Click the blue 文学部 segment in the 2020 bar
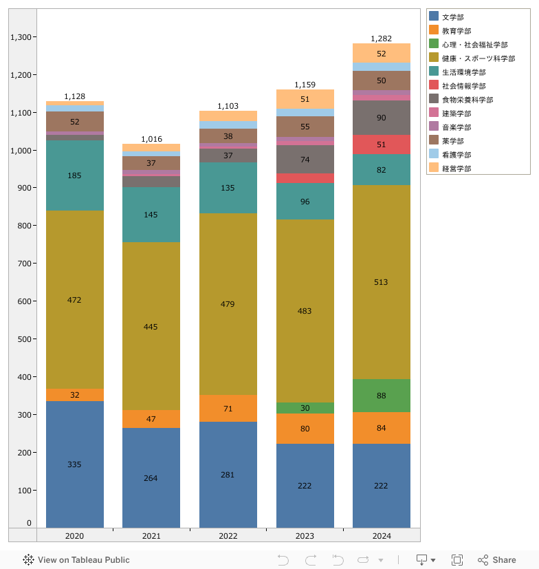click(74, 464)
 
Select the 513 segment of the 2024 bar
click(381, 282)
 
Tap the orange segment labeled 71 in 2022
click(228, 409)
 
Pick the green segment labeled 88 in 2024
click(381, 396)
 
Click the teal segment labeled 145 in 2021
click(151, 215)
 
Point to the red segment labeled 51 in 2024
click(381, 144)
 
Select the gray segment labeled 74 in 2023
click(305, 160)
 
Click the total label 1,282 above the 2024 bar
click(381, 39)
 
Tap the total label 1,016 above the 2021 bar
click(151, 139)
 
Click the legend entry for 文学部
click(456, 17)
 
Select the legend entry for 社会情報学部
click(463, 86)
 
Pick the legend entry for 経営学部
click(456, 169)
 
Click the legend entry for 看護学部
click(456, 155)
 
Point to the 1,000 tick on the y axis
click(21, 151)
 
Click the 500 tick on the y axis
click(25, 339)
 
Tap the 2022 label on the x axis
click(228, 536)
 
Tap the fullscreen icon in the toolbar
click(457, 560)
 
